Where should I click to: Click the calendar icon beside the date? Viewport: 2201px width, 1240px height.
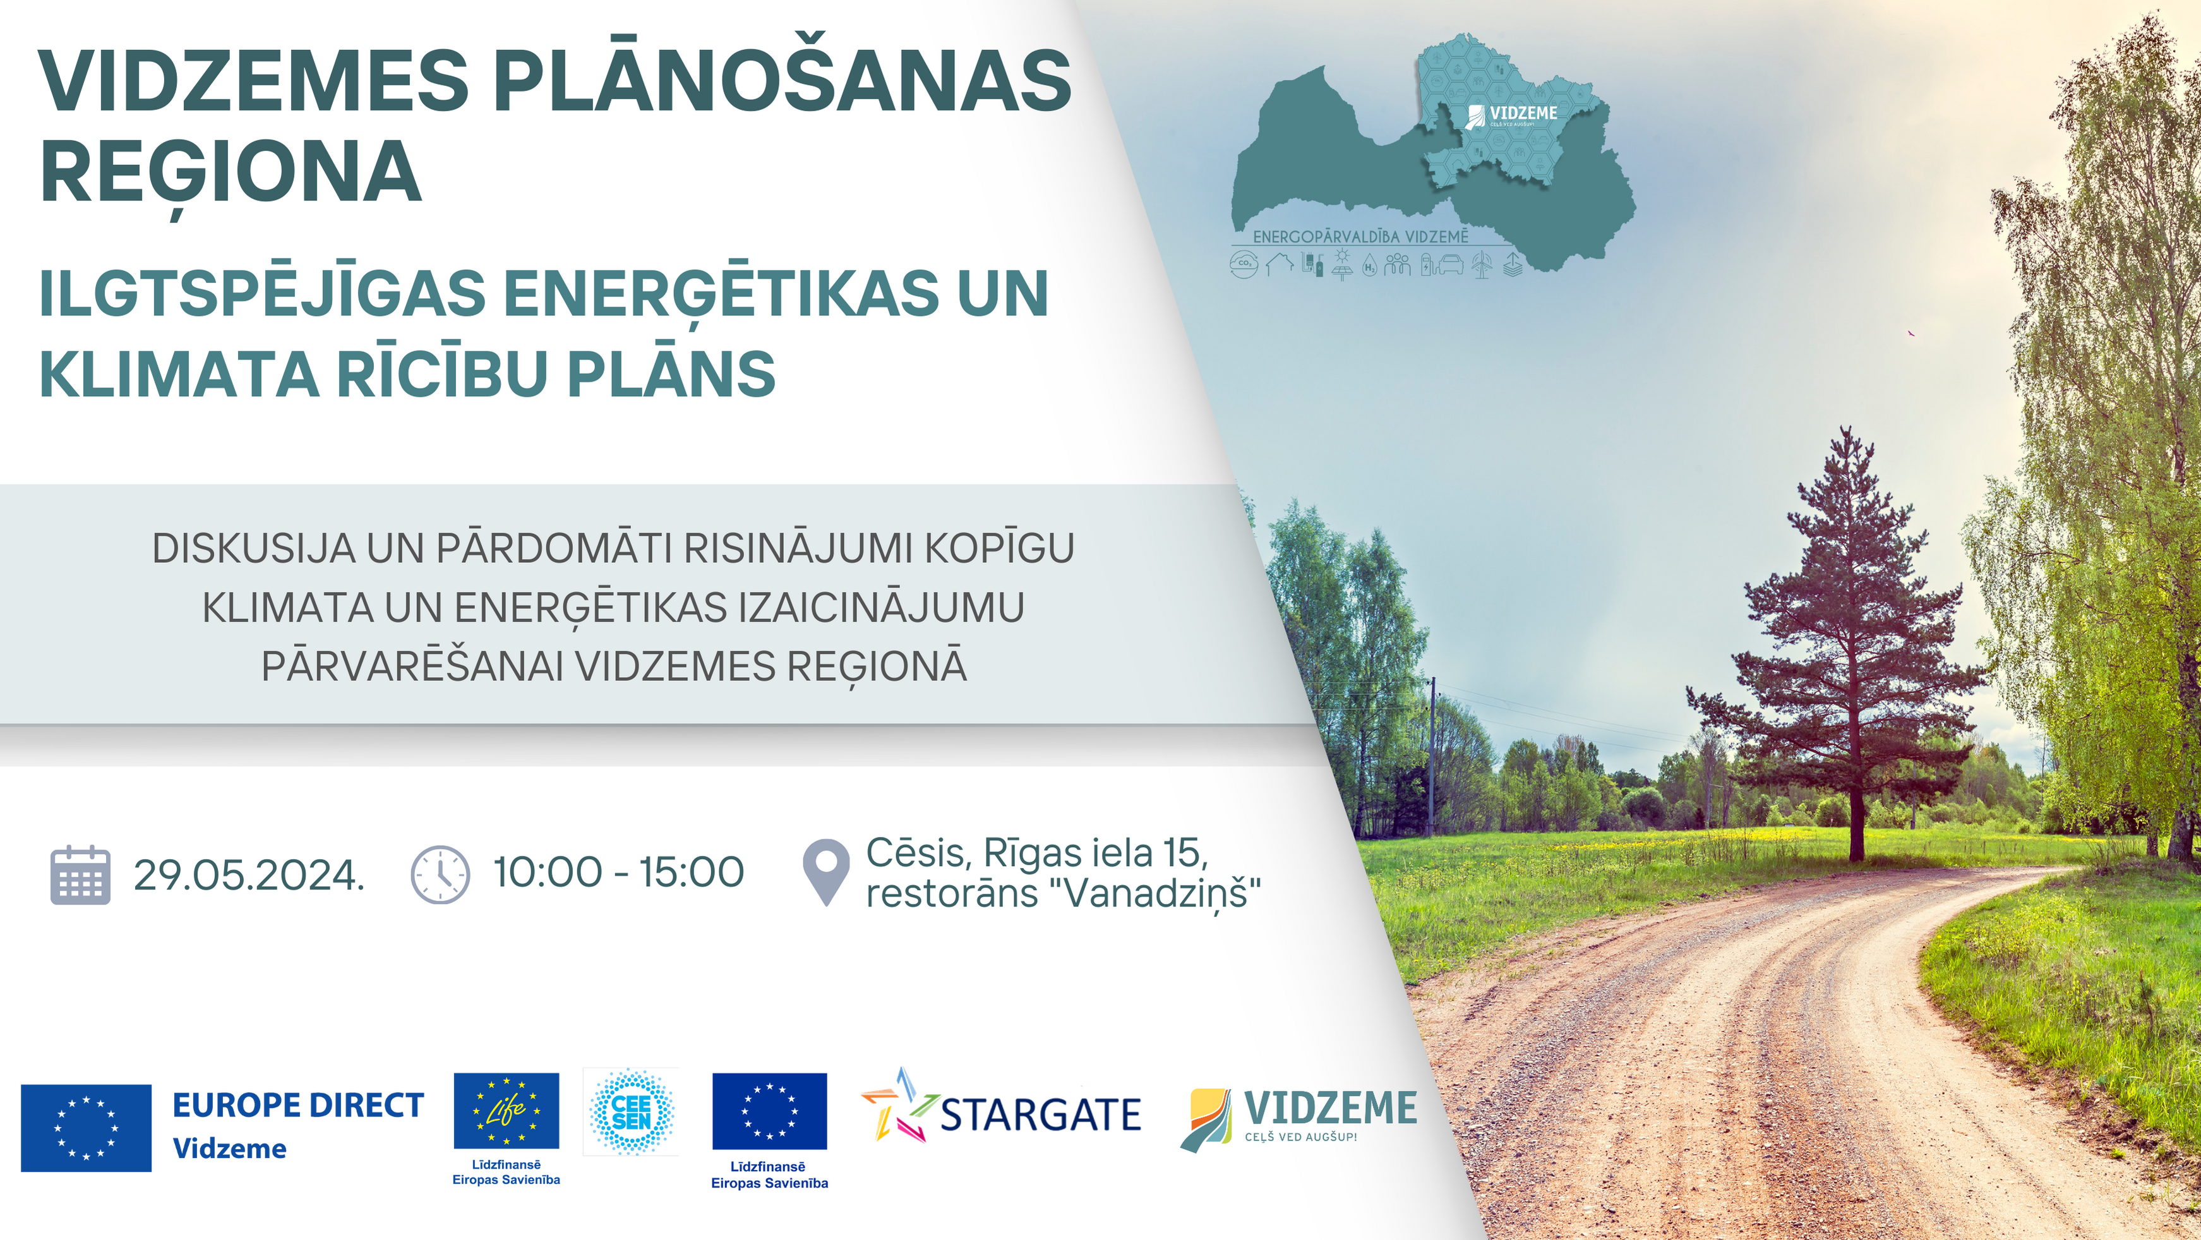point(80,874)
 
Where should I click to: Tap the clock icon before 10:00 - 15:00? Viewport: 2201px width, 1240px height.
point(440,874)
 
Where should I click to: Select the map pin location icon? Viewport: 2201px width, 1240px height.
point(826,872)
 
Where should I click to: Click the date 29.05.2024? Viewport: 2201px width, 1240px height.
point(249,875)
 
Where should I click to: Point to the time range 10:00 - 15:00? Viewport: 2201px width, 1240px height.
point(618,872)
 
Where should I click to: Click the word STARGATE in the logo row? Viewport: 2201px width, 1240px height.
point(1040,1115)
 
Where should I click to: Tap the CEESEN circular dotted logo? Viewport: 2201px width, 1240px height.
point(632,1112)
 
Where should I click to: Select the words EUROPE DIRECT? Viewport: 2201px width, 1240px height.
point(298,1105)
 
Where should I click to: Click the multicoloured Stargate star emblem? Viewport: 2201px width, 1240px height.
point(900,1105)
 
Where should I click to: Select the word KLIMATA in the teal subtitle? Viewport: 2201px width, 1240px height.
point(179,375)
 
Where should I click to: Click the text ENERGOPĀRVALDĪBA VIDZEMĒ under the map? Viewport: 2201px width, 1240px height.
point(1360,236)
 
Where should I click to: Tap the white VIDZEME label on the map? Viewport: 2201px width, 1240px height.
point(1523,113)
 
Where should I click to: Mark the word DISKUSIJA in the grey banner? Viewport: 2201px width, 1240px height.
point(254,549)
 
